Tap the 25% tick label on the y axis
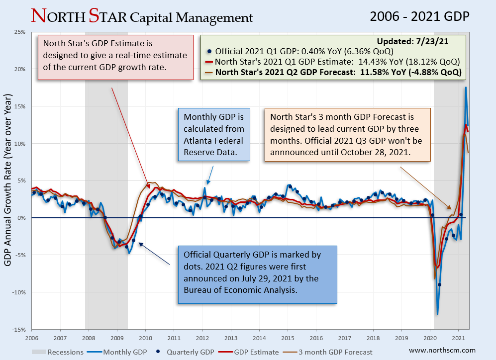pyautogui.click(x=19, y=32)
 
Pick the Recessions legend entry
pyautogui.click(x=65, y=352)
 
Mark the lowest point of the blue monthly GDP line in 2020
pyautogui.click(x=438, y=314)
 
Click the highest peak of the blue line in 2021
pyautogui.click(x=466, y=88)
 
